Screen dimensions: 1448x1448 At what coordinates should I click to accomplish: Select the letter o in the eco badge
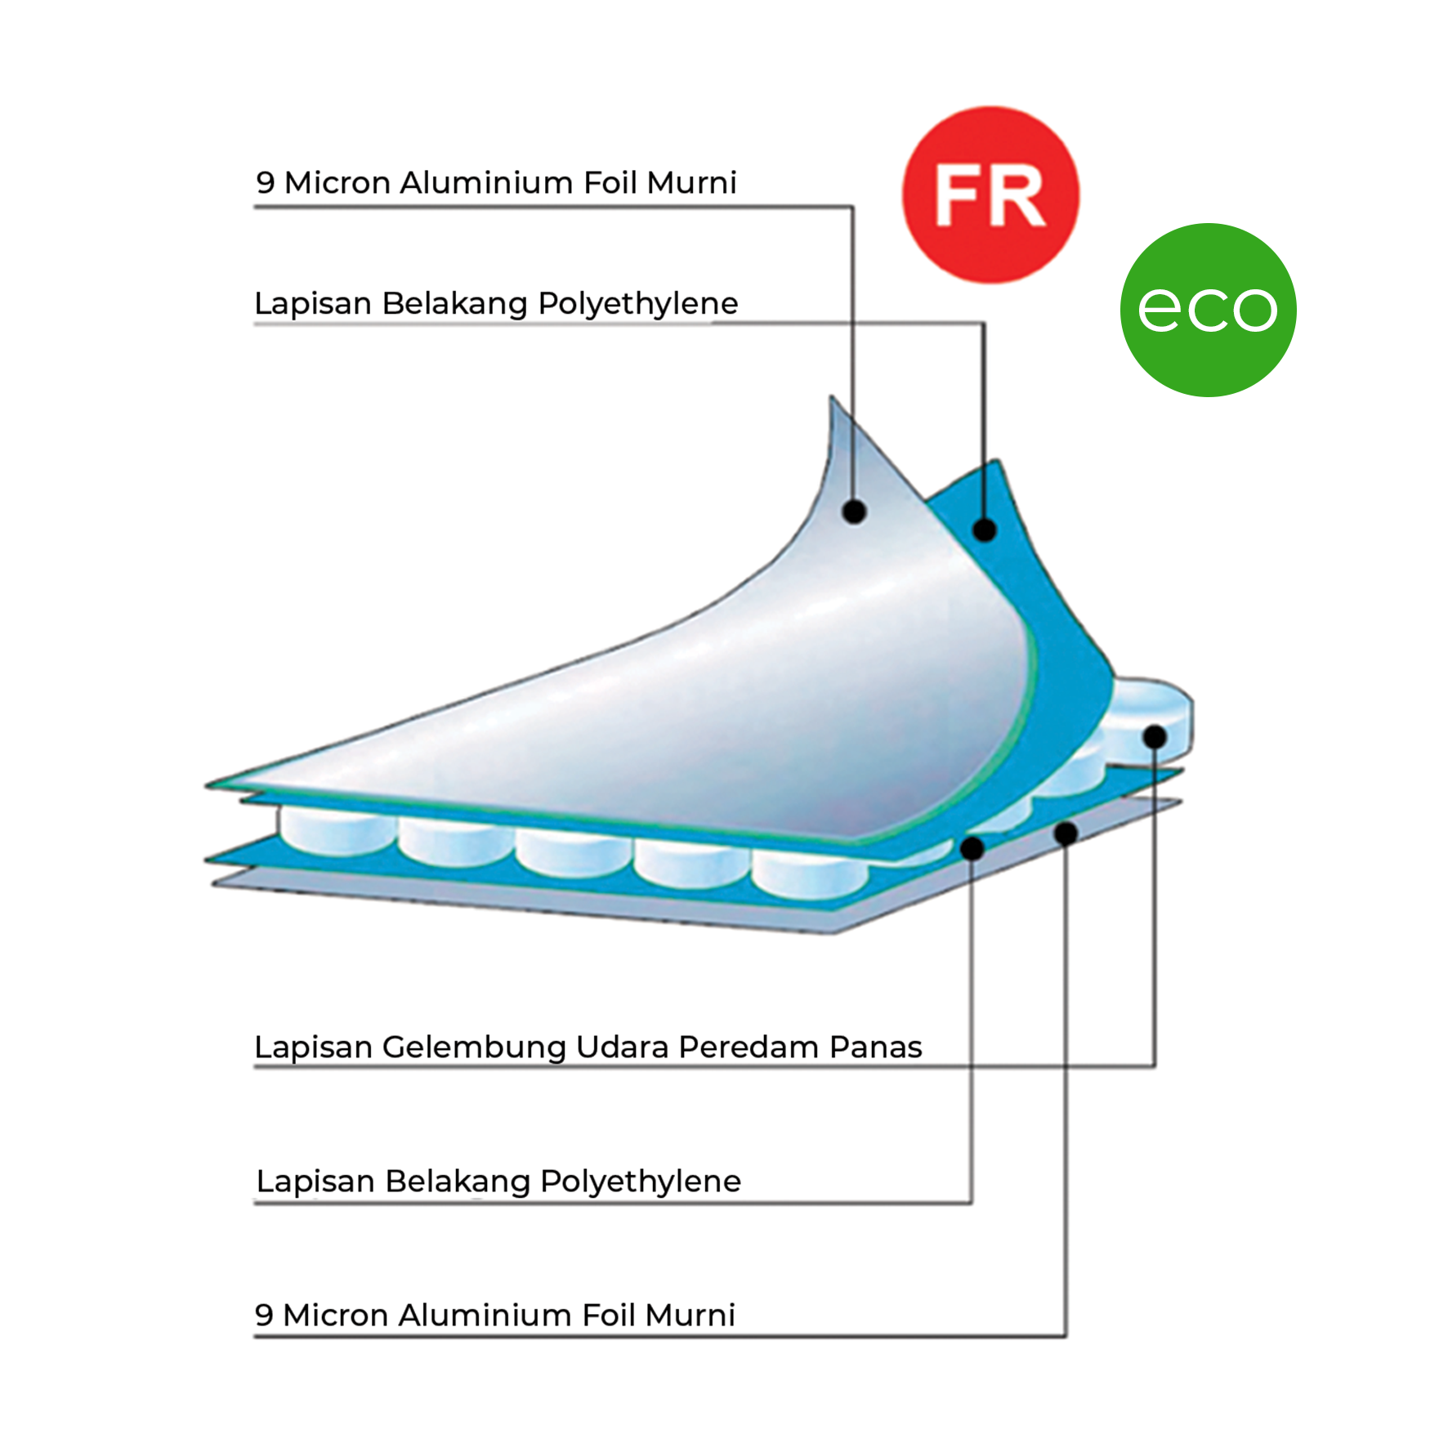(1253, 310)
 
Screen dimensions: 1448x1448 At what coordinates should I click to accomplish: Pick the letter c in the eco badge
(1207, 310)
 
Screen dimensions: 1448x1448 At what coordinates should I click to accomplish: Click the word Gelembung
(474, 1047)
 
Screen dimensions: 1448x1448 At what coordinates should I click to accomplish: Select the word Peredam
(749, 1047)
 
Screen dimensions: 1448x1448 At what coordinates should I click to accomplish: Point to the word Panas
(875, 1047)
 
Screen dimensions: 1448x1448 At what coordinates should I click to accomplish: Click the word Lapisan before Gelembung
(313, 1047)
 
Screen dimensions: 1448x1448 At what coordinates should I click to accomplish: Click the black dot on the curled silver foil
(854, 512)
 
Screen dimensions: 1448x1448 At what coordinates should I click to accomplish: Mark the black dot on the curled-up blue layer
(985, 530)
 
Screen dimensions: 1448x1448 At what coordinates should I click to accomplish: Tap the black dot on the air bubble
(1155, 736)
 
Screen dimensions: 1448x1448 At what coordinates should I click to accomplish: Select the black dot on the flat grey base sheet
(1066, 833)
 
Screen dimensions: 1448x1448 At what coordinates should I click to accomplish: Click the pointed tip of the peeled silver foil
(832, 400)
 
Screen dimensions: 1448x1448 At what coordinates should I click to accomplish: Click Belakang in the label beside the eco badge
(454, 303)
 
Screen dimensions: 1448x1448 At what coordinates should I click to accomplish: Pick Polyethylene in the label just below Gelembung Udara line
(641, 1181)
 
